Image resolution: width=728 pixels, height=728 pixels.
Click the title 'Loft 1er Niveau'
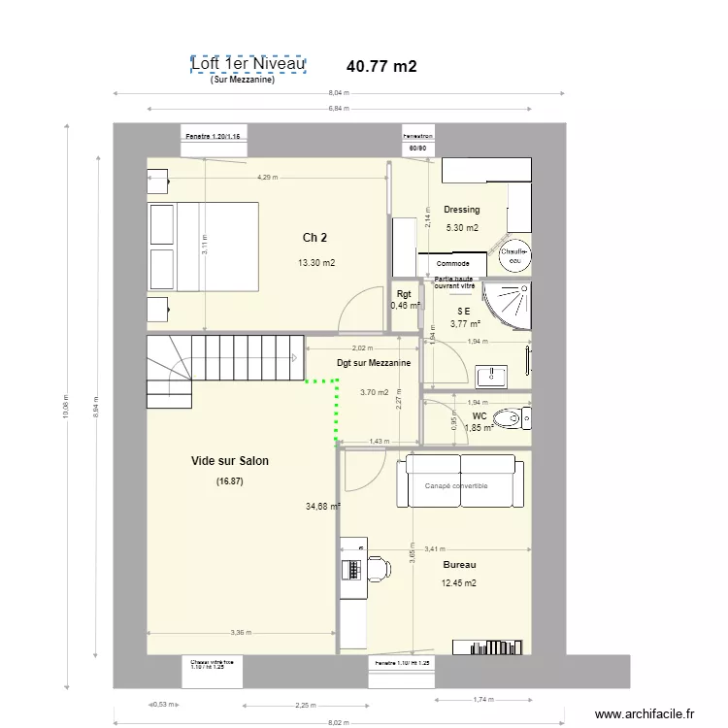coord(248,65)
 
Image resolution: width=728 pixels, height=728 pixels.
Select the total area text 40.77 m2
coord(381,67)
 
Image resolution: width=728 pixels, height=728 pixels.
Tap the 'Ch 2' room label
coord(314,238)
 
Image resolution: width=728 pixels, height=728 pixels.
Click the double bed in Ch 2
coord(203,246)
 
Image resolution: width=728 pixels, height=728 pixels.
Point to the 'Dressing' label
coord(461,210)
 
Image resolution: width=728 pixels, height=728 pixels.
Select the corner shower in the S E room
coord(510,303)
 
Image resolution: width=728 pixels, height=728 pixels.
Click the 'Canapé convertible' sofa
coord(460,483)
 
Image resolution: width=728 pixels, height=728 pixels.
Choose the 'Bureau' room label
coord(459,564)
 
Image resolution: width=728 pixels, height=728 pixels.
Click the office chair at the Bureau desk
coord(377,569)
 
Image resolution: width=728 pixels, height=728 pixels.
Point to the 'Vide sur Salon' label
coord(230,461)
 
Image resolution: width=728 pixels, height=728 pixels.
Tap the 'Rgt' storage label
coord(404,295)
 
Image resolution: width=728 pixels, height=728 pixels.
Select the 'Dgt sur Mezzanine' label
coord(373,363)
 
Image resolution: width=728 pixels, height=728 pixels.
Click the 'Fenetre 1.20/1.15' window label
coord(216,138)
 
